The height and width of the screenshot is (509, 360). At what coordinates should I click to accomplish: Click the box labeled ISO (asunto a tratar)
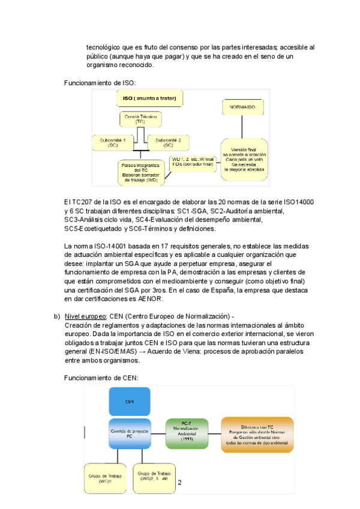(x=150, y=98)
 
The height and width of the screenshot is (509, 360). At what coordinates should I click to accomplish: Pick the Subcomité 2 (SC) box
(x=168, y=142)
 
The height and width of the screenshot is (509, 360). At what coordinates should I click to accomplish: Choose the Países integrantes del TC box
(x=140, y=171)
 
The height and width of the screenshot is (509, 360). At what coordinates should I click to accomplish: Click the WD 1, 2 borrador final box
(x=192, y=161)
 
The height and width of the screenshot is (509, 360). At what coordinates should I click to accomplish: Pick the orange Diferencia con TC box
(x=257, y=434)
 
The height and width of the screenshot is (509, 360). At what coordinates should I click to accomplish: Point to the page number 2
(x=179, y=482)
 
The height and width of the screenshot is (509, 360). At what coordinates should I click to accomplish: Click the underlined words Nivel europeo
(x=85, y=316)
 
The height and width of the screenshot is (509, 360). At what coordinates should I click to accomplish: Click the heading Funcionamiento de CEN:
(x=101, y=378)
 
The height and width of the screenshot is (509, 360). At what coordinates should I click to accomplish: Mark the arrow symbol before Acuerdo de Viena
(x=170, y=352)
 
